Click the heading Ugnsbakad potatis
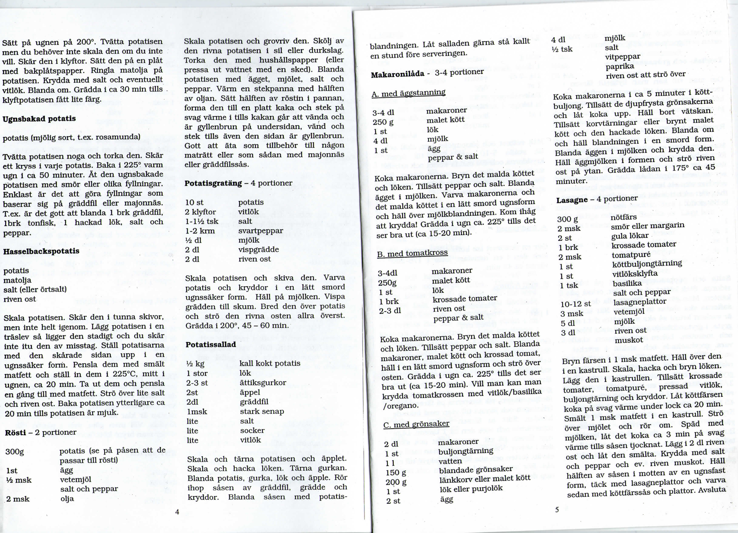(x=39, y=119)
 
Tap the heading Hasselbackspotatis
(x=41, y=251)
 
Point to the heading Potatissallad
(x=211, y=344)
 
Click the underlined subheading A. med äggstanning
(x=408, y=93)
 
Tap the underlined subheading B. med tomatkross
(x=412, y=253)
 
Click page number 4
(x=177, y=512)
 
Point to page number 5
(x=557, y=510)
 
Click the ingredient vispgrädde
(x=259, y=249)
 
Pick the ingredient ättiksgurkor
(x=263, y=383)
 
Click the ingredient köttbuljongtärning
(x=647, y=263)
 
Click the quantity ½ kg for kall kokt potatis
(x=195, y=364)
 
